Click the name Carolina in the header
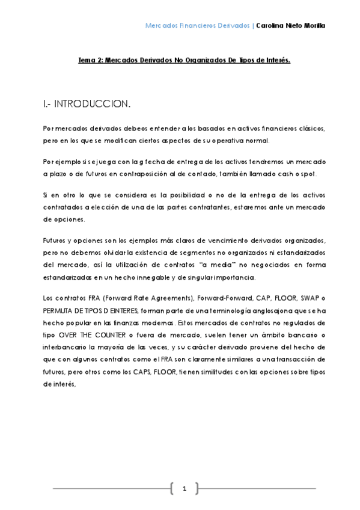click(x=272, y=26)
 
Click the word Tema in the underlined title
click(x=88, y=61)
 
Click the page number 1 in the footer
click(x=185, y=488)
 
